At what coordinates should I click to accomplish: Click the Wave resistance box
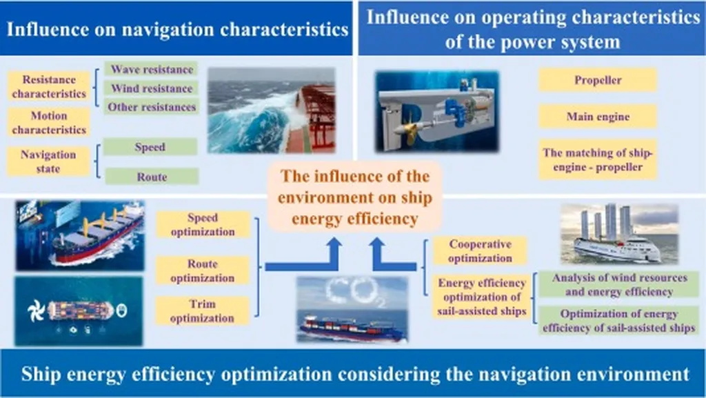click(x=152, y=69)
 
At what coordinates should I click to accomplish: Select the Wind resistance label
click(x=152, y=88)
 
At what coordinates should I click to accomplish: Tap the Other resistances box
click(x=152, y=107)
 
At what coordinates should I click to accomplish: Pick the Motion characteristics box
click(x=49, y=123)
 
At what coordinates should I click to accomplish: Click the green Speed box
click(x=150, y=147)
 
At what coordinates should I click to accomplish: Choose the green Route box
click(x=152, y=177)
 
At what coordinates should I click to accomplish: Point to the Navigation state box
click(x=48, y=161)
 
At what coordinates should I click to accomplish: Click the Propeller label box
click(x=598, y=80)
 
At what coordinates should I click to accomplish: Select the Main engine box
click(x=598, y=117)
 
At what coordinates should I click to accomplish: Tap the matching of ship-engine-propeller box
click(x=598, y=160)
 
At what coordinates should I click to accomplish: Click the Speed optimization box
click(x=203, y=225)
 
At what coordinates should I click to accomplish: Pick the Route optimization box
click(x=203, y=270)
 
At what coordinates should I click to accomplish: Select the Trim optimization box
click(x=202, y=310)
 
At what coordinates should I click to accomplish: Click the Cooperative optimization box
click(x=480, y=251)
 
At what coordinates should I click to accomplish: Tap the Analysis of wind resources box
click(x=619, y=285)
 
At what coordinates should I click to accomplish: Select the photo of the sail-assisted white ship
click(x=619, y=234)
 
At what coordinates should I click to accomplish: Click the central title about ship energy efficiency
click(x=355, y=197)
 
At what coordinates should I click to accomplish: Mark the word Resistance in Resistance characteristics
click(x=49, y=80)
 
